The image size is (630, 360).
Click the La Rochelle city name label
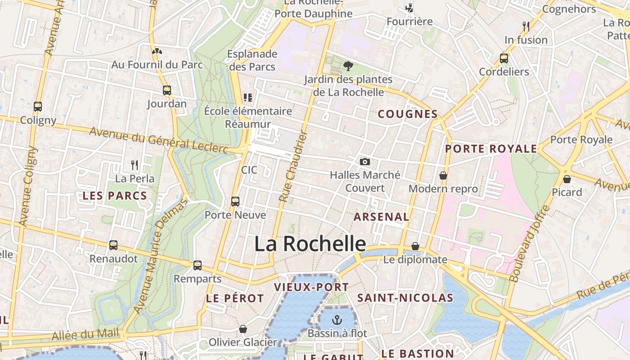(x=310, y=243)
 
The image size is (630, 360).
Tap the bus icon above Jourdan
(x=167, y=90)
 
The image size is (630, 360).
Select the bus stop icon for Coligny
(x=38, y=107)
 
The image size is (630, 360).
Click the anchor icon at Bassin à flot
(x=337, y=320)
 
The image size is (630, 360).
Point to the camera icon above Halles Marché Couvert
(x=365, y=162)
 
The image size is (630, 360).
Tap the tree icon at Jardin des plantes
(x=348, y=66)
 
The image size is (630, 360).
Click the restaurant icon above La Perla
(x=134, y=165)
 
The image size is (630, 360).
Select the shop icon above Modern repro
(x=443, y=175)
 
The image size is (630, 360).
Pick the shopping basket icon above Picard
(x=567, y=179)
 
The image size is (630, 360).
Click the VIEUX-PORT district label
(x=311, y=287)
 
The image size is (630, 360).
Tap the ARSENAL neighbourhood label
(x=381, y=217)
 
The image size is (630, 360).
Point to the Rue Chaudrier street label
(x=293, y=166)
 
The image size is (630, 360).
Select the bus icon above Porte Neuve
(x=235, y=201)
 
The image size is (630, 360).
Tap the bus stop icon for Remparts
(x=198, y=265)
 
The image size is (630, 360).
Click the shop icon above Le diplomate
(x=415, y=246)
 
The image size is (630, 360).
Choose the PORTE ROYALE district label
(x=491, y=149)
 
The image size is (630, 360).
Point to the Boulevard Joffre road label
(x=530, y=243)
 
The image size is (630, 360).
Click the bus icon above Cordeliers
(x=504, y=58)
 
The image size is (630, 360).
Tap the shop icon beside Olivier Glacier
(x=243, y=329)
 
